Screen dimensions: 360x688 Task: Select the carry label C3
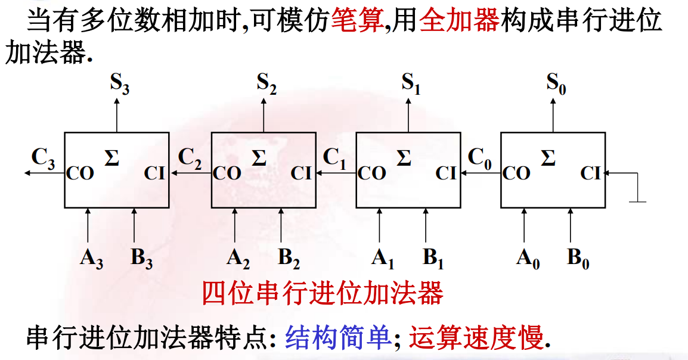(44, 158)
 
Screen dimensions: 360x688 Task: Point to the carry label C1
(334, 157)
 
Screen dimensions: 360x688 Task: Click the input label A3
(91, 258)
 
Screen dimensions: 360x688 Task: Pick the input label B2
(289, 258)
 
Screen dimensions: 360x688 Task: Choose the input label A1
(383, 258)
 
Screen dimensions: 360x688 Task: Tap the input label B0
(578, 258)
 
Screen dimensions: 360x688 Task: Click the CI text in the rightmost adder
(591, 173)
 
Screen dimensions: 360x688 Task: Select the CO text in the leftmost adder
(80, 174)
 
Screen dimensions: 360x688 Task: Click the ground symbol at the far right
(638, 200)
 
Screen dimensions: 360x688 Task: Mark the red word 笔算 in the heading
(356, 21)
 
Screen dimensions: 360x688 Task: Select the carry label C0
(480, 157)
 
